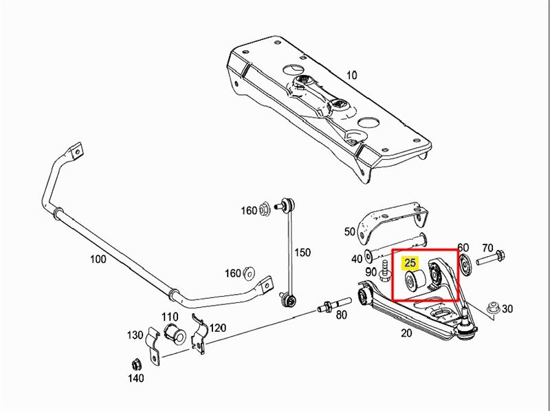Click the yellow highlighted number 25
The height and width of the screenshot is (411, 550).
(410, 262)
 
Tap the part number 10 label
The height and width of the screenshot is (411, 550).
(352, 75)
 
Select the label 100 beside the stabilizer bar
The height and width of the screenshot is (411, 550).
(98, 260)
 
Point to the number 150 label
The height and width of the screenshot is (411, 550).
(302, 252)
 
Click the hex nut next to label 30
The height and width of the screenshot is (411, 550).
(493, 308)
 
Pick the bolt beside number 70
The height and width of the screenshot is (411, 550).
(490, 258)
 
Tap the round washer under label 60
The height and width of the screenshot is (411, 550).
(465, 264)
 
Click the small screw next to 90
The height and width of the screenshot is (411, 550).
(384, 271)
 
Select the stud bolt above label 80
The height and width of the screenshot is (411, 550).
(334, 304)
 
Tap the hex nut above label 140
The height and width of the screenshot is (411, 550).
(136, 364)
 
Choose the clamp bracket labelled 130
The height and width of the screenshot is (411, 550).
(153, 346)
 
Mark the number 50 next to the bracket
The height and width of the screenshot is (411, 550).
(350, 232)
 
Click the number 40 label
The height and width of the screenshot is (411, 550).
(356, 259)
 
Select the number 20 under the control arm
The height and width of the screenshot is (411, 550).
(406, 333)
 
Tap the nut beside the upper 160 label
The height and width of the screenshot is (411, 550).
(265, 209)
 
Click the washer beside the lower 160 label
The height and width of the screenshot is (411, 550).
(250, 273)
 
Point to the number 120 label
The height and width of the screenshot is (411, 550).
(218, 328)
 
